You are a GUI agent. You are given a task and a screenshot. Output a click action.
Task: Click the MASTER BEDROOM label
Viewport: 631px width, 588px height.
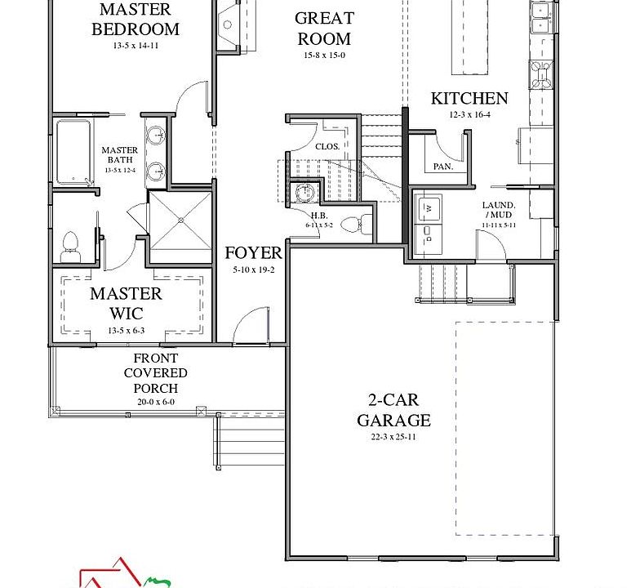tap(135, 20)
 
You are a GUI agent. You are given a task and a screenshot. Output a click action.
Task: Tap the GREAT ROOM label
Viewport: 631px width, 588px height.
tap(324, 29)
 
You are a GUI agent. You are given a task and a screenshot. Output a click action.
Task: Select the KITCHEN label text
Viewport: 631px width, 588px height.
tap(469, 98)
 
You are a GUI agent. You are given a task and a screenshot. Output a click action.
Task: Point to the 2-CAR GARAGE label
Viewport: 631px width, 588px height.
tap(393, 411)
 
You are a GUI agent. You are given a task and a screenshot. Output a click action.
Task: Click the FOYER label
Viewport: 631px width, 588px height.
tap(253, 253)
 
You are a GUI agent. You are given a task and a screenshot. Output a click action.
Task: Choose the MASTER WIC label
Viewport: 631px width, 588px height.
tap(126, 303)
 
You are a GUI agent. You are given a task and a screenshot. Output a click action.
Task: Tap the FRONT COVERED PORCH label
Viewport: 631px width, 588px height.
tap(155, 373)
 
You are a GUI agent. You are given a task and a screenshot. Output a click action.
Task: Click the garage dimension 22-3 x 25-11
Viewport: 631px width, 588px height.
tap(393, 438)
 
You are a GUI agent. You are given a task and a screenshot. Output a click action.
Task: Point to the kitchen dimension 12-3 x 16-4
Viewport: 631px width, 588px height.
tap(469, 115)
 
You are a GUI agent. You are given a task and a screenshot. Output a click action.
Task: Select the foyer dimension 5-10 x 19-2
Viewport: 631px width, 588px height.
tap(253, 269)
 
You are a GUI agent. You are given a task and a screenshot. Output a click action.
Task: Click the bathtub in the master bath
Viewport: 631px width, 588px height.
tap(73, 152)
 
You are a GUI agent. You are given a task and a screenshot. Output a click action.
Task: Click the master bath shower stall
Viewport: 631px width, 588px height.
tap(180, 222)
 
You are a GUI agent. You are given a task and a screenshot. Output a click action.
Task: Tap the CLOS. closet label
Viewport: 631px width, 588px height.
tap(327, 146)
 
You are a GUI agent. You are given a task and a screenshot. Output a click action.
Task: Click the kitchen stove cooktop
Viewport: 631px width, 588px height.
tap(541, 73)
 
